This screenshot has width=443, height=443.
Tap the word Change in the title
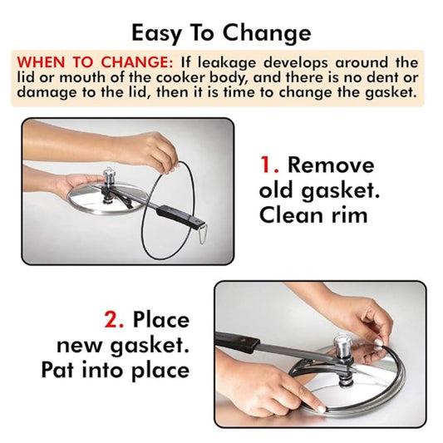(x=267, y=33)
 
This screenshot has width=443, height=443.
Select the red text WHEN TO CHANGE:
(x=95, y=62)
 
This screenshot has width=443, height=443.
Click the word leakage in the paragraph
(x=227, y=62)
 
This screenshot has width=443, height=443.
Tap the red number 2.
(x=114, y=319)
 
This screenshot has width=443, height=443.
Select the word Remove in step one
(x=331, y=165)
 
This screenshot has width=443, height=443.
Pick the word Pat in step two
(x=58, y=370)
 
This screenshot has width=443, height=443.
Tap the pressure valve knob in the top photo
(x=108, y=175)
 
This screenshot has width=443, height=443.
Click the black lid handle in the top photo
(x=178, y=216)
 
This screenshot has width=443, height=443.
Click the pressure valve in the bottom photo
(x=342, y=345)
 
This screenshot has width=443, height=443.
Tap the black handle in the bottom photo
(x=237, y=340)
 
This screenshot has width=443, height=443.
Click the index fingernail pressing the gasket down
(x=321, y=408)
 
